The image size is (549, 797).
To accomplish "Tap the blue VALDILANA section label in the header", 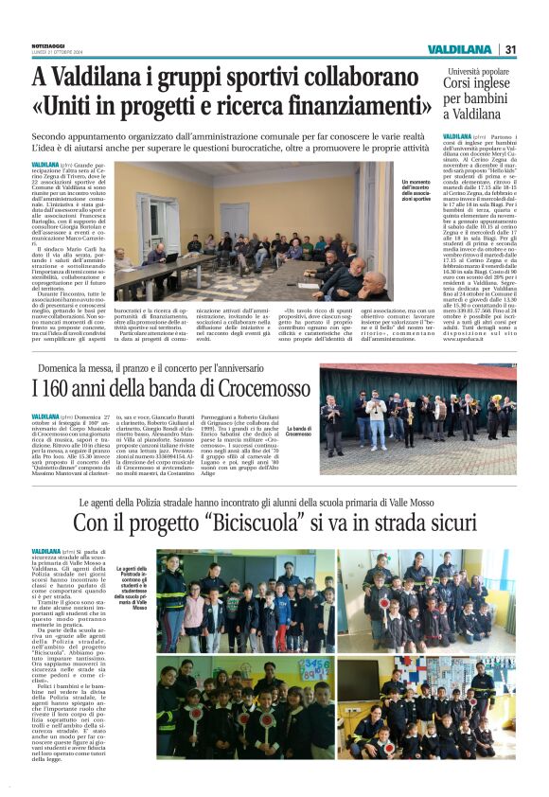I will click(x=458, y=48).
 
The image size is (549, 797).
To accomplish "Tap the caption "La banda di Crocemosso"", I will click(x=301, y=404).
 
